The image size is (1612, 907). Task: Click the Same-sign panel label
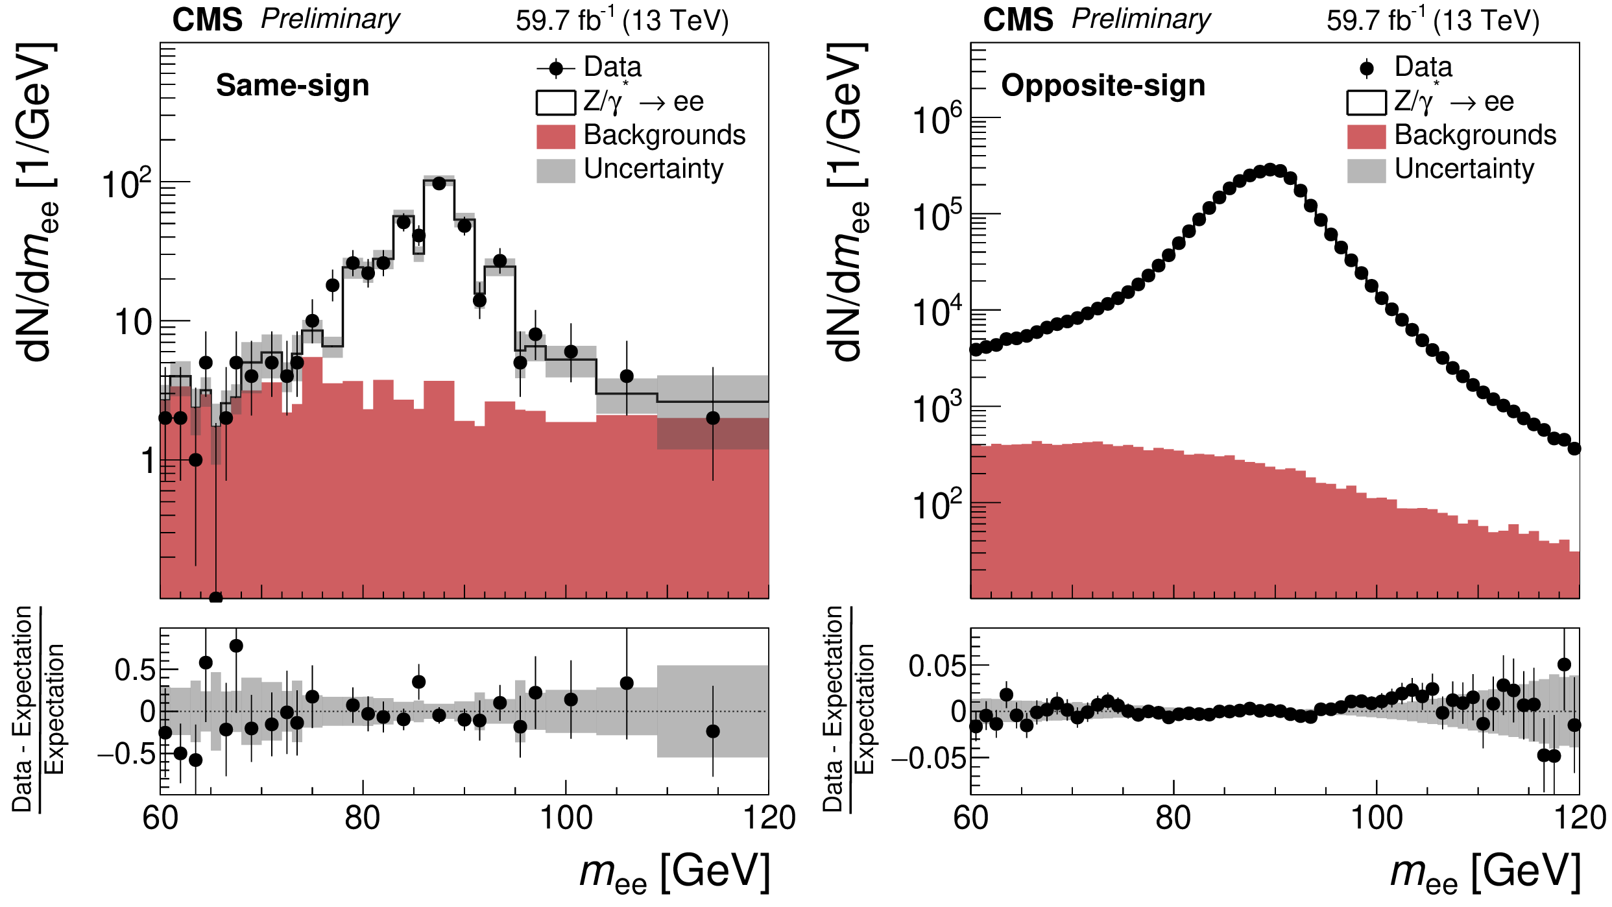point(293,86)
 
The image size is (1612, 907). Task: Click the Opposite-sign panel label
point(1103,86)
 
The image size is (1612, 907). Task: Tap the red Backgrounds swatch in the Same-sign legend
point(556,136)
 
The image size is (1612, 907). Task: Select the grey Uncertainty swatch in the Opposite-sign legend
point(1366,170)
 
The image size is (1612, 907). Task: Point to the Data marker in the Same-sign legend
point(556,68)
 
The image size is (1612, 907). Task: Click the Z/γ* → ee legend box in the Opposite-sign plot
point(1366,103)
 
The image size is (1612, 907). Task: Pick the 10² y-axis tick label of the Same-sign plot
point(126,184)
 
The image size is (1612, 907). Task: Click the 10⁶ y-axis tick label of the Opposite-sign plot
point(937,121)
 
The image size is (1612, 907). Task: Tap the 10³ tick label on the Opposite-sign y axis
point(937,409)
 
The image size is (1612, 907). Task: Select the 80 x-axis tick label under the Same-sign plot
point(363,818)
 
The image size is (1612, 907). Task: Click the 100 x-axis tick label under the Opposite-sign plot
point(1376,818)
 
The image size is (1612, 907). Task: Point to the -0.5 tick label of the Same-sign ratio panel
point(126,755)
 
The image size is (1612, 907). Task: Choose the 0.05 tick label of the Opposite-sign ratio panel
point(937,666)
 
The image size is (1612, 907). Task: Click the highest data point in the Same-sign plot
point(439,184)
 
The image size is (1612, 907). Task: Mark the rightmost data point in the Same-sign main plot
point(713,418)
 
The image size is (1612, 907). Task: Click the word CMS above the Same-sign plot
point(207,20)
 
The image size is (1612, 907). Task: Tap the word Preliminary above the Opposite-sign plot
point(1140,19)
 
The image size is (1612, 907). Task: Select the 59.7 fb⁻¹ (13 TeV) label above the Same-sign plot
point(622,21)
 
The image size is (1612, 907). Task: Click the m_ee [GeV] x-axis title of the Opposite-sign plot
point(1486,873)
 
